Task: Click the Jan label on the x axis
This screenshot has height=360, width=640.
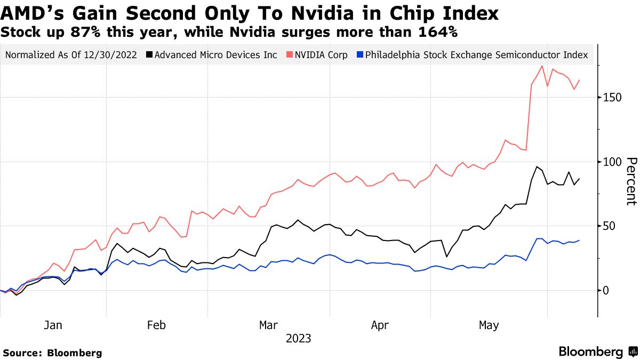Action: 53,325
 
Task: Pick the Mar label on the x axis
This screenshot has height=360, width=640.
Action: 268,325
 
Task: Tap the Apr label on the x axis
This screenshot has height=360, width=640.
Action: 379,325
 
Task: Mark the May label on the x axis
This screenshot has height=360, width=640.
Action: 489,325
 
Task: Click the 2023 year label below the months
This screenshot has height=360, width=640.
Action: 299,338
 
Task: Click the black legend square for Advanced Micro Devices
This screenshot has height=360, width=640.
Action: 149,55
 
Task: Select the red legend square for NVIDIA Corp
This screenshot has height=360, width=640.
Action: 289,55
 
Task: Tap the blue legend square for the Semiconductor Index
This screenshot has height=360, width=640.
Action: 360,55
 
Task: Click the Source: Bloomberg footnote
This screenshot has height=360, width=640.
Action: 52,353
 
